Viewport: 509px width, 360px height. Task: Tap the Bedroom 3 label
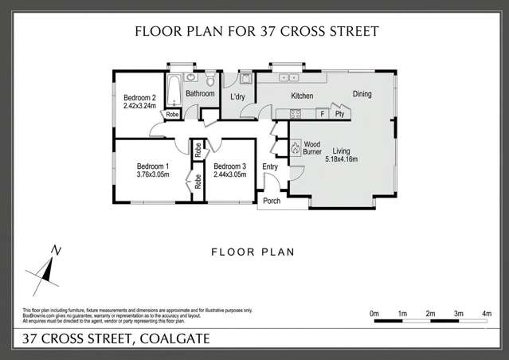[x=229, y=166]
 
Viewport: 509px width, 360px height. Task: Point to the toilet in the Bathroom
[x=209, y=80]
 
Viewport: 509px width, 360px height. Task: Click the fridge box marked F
[x=322, y=114]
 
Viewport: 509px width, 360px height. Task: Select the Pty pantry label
[x=339, y=114]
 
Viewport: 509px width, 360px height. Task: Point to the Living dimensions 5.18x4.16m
[x=342, y=159]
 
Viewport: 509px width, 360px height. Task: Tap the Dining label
[x=362, y=95]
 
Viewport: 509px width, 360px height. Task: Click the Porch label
[x=272, y=201]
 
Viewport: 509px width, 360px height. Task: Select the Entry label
[x=270, y=166]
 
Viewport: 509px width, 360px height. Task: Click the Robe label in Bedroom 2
[x=172, y=115]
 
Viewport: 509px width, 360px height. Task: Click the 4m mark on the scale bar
[x=487, y=315]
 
